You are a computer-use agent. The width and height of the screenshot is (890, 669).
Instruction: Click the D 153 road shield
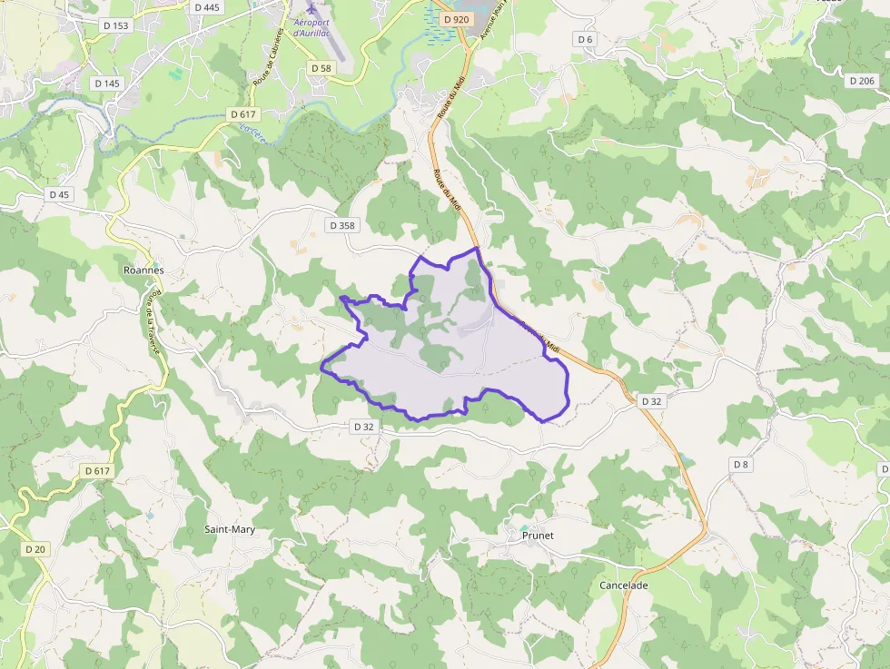[x=115, y=25]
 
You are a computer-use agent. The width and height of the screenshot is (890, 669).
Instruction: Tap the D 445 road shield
[x=207, y=7]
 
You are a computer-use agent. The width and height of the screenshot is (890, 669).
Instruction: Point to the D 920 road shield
[x=457, y=19]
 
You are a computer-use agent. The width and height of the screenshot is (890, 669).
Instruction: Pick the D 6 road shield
[x=585, y=39]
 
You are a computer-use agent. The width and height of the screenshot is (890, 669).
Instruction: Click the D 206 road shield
[x=861, y=81]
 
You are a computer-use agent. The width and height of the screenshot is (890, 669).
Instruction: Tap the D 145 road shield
[x=106, y=83]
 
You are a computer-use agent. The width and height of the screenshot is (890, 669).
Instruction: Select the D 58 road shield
[x=321, y=68]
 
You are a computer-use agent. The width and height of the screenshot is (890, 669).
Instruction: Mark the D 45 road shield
[x=59, y=194]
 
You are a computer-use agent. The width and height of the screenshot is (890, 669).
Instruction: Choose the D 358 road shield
[x=342, y=225]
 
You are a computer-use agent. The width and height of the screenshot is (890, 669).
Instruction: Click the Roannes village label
[x=143, y=270]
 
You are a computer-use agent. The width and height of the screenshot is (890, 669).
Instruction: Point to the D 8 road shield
[x=741, y=465]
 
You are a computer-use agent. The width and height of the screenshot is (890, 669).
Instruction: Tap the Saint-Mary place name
[x=230, y=529]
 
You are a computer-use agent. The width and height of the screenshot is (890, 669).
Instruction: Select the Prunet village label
[x=538, y=536]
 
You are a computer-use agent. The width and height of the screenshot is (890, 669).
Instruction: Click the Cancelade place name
[x=624, y=585]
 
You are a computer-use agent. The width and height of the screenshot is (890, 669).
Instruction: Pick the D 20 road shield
[x=35, y=549]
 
